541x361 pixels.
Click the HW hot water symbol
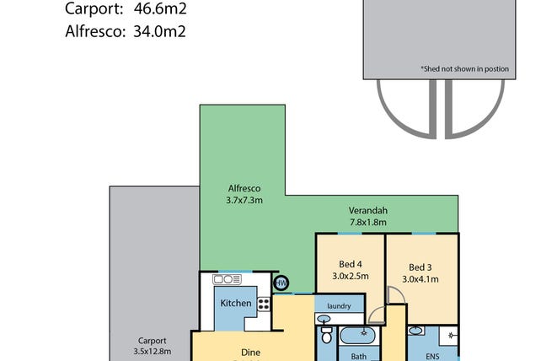click(281, 283)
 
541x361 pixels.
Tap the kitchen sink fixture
click(227, 279)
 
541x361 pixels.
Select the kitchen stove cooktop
click(264, 304)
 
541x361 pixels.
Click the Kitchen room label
click(236, 304)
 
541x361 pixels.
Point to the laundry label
click(339, 306)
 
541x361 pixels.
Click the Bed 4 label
click(351, 264)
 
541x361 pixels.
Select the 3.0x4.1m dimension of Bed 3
click(420, 279)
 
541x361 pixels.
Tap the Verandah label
click(367, 210)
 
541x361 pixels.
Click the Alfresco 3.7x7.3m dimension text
click(244, 200)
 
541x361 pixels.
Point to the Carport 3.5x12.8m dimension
click(153, 352)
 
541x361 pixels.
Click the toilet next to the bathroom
click(326, 334)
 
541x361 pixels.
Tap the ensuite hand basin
click(416, 331)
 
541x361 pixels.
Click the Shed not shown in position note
click(465, 69)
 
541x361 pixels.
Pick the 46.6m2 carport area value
click(160, 8)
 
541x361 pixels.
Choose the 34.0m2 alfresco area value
click(160, 31)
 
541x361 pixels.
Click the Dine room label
click(250, 353)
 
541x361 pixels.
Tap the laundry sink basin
click(324, 319)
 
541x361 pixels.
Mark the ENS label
click(432, 357)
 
